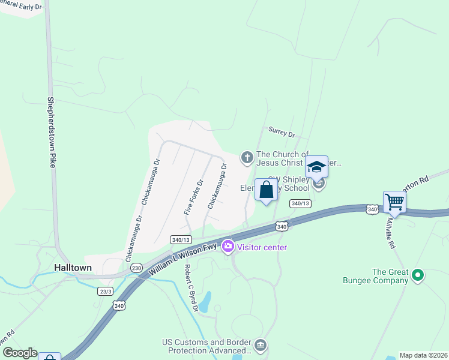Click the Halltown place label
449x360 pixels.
click(x=73, y=268)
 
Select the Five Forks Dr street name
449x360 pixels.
click(x=193, y=197)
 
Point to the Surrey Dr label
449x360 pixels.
click(x=282, y=132)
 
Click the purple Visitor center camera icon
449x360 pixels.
click(x=228, y=246)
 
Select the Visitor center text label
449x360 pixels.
click(x=262, y=247)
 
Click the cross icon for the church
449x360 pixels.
click(x=246, y=158)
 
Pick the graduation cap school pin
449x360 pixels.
click(x=316, y=167)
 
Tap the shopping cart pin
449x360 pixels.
click(x=394, y=202)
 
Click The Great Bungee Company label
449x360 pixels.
click(x=390, y=275)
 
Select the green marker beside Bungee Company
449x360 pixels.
click(x=418, y=276)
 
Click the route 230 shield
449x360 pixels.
click(x=137, y=268)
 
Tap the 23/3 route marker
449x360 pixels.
click(x=105, y=290)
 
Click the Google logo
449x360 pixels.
click(x=19, y=353)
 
